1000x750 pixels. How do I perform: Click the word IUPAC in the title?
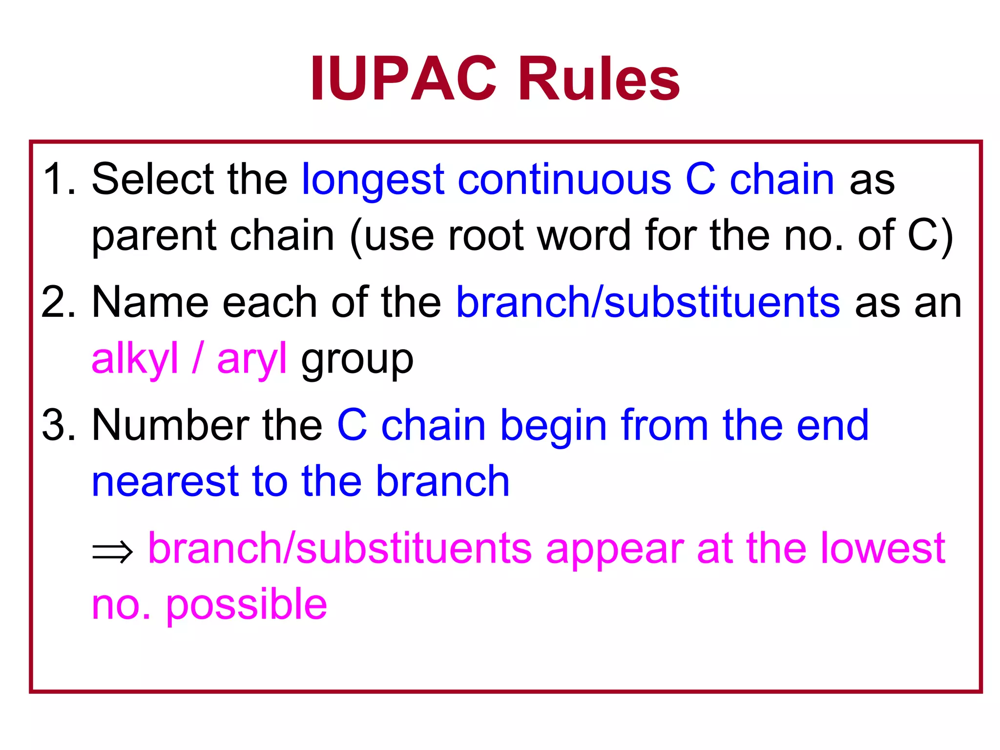(403, 79)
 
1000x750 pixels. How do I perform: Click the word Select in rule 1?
(152, 179)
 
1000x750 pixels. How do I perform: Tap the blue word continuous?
(564, 179)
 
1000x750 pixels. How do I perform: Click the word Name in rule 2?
(149, 302)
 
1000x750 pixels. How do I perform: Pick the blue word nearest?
(165, 482)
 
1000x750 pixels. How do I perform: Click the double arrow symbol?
(112, 552)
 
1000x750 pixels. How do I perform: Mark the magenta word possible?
(246, 606)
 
